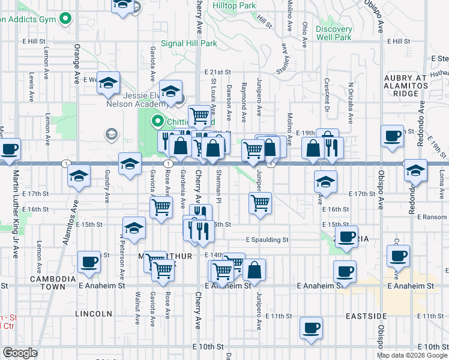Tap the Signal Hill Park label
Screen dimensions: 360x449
click(193, 43)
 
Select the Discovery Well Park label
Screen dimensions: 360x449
click(334, 33)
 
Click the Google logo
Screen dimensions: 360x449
click(20, 353)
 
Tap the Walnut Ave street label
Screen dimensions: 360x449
click(138, 308)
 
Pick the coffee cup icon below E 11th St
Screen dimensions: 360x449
click(312, 328)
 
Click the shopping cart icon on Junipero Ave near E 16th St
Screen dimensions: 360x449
click(260, 203)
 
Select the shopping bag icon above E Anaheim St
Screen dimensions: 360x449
click(255, 270)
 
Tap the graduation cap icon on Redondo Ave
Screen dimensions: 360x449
click(415, 170)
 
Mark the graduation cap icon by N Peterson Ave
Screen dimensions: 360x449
click(134, 227)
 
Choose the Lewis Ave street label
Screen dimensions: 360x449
click(30, 86)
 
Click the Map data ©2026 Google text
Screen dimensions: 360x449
click(410, 355)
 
